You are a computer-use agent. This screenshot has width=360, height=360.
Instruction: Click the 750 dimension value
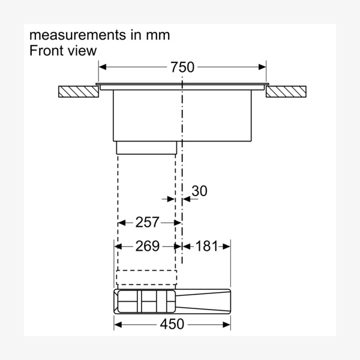(x=182, y=67)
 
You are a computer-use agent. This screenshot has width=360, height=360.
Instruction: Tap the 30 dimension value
(x=199, y=191)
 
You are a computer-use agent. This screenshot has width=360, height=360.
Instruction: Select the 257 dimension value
(x=147, y=222)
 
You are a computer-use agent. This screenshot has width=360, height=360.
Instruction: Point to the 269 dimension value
(x=147, y=246)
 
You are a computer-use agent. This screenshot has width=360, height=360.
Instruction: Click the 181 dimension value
(x=206, y=246)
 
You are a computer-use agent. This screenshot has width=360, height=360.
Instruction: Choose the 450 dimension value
(x=172, y=324)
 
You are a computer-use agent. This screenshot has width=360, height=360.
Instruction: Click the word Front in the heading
(x=46, y=50)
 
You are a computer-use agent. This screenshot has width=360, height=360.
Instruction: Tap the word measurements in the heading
(x=78, y=35)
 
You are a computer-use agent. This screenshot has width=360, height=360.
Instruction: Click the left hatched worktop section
(x=79, y=92)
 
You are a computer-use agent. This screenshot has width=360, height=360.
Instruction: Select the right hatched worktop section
(x=286, y=92)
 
